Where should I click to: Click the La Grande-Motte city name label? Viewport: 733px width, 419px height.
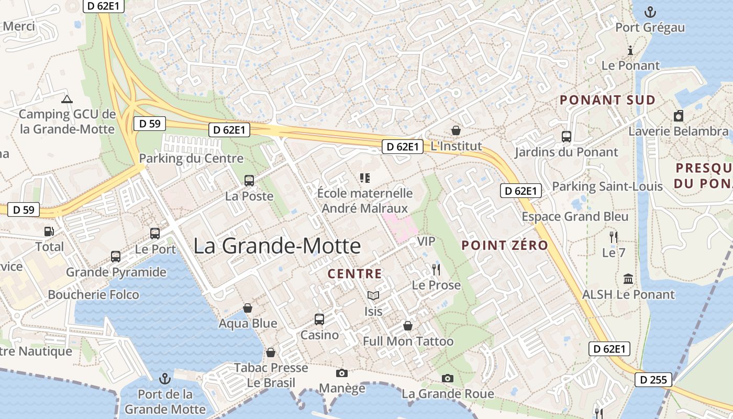click(x=277, y=246)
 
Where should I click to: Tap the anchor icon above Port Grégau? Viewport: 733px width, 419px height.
click(x=650, y=12)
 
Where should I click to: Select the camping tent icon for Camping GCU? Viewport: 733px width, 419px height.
click(x=66, y=99)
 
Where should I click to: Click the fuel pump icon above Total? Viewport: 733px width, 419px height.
click(x=49, y=231)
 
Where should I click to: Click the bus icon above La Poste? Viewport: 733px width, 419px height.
click(x=249, y=181)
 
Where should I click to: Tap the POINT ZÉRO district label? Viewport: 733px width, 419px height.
click(x=505, y=245)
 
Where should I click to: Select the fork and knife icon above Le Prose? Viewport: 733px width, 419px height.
click(x=436, y=270)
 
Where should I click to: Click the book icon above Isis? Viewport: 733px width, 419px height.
click(x=373, y=296)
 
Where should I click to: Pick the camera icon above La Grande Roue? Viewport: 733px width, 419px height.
click(x=447, y=378)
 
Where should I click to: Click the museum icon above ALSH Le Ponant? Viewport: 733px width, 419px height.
click(x=628, y=279)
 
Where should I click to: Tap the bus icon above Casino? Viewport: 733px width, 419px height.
click(x=319, y=319)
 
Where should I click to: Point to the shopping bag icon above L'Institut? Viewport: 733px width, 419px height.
click(x=456, y=130)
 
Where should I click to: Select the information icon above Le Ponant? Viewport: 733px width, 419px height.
click(x=630, y=50)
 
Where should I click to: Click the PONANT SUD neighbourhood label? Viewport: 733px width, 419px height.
click(x=607, y=100)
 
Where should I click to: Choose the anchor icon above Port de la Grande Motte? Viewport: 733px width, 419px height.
click(x=165, y=378)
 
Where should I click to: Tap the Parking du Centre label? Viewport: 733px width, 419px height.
click(x=191, y=158)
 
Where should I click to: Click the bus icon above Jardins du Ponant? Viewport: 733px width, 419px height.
click(x=566, y=137)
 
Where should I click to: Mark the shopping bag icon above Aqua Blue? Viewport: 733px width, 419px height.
click(x=248, y=308)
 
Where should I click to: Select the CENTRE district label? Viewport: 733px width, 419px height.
click(x=354, y=273)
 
